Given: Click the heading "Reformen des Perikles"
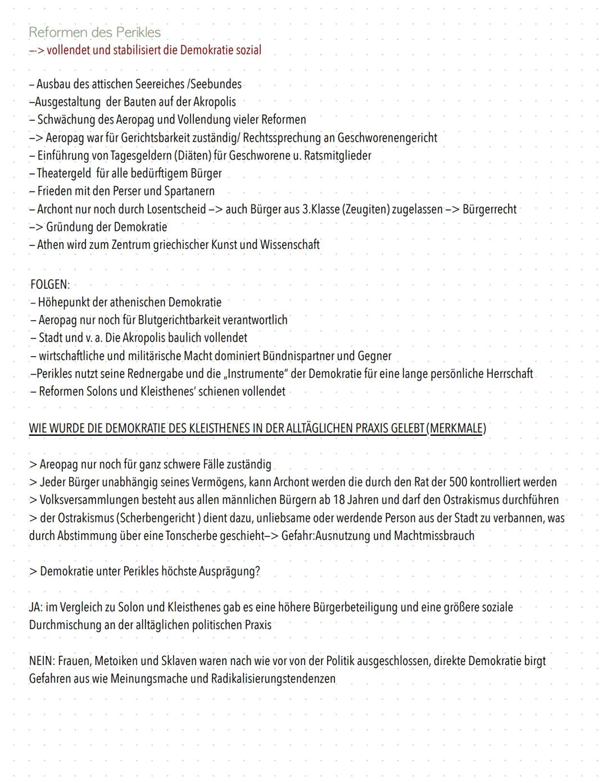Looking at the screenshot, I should coord(94,32).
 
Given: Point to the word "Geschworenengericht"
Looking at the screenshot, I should coord(387,138).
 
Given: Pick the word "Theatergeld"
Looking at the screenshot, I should coord(64,174).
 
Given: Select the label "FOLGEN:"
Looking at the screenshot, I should coord(49,284).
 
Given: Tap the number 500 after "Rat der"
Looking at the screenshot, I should coord(457,482).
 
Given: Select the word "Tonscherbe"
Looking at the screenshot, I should coord(191,536).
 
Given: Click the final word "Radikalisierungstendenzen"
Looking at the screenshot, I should coord(273,679).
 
